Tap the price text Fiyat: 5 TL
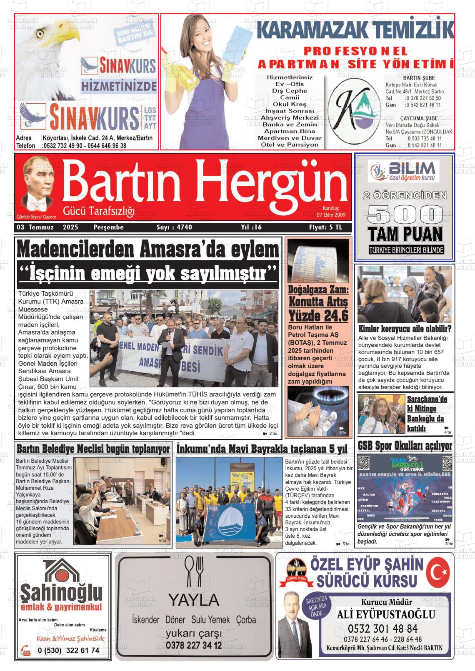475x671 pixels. [325, 227]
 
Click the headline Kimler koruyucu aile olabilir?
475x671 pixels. [405, 329]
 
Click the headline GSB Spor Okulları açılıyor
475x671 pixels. [405, 446]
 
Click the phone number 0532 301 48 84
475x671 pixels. [382, 628]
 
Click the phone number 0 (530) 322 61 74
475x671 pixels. [68, 650]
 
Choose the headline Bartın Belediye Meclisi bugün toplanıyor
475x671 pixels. [93, 449]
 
